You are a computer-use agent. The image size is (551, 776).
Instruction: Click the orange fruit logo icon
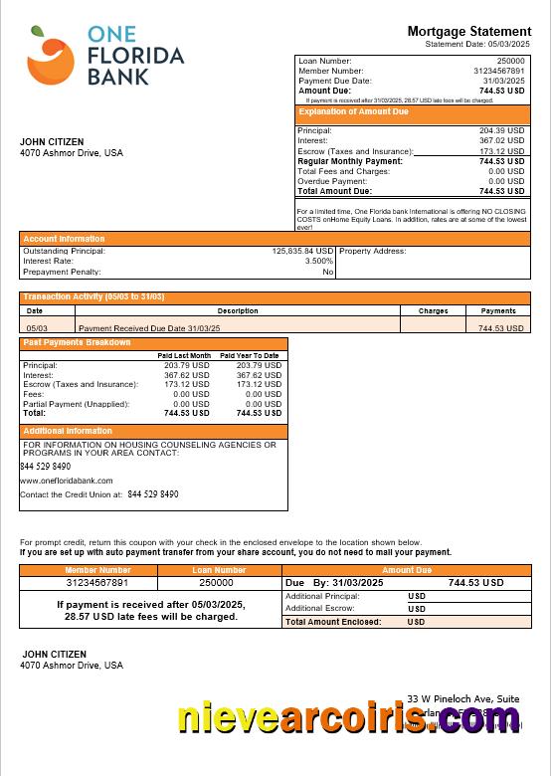click(52, 56)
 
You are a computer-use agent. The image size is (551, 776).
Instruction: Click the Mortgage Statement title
click(468, 32)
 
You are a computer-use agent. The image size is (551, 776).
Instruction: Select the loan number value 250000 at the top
click(509, 61)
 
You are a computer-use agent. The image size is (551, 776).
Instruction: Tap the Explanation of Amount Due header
click(354, 112)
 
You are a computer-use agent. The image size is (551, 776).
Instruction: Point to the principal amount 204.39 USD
click(501, 130)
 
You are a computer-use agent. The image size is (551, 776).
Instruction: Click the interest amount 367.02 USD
click(501, 141)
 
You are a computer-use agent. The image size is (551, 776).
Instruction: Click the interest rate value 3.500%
click(318, 261)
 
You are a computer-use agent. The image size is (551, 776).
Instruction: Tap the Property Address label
click(373, 251)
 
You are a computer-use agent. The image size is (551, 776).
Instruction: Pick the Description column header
click(238, 310)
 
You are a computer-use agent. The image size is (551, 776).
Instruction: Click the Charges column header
click(433, 310)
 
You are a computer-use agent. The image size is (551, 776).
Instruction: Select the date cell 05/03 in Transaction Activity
click(36, 327)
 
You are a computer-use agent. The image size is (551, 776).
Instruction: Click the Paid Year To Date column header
click(250, 355)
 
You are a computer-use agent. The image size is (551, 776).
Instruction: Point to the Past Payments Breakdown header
click(78, 343)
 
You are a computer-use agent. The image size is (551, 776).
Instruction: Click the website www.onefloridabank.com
click(67, 481)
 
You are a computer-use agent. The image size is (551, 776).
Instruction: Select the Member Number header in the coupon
click(97, 570)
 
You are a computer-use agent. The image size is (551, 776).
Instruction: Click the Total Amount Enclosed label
click(333, 621)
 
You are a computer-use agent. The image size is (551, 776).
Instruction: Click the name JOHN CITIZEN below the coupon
click(52, 654)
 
